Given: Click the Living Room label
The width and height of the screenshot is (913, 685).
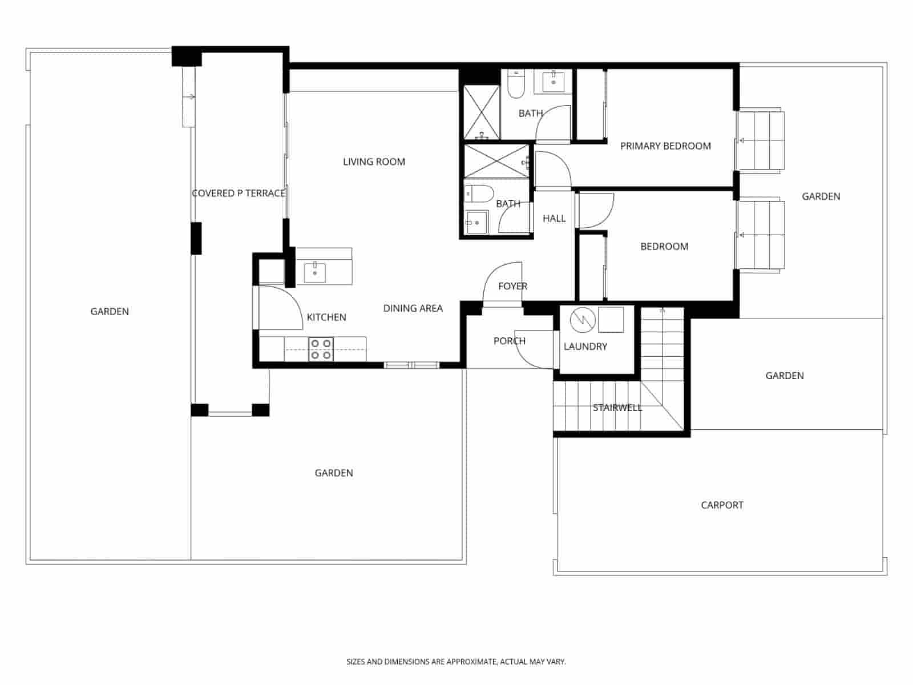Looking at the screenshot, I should [x=374, y=162].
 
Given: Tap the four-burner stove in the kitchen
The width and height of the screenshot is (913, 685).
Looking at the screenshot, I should [x=321, y=349].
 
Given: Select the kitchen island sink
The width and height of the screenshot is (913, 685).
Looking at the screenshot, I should [x=315, y=272].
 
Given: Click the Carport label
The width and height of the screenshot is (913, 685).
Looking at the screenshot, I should [x=722, y=505].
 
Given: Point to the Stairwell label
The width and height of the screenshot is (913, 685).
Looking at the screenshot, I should [x=617, y=408].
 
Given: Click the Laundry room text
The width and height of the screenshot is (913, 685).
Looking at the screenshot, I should [x=585, y=346].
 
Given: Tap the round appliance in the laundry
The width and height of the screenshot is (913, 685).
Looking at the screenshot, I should [x=582, y=320].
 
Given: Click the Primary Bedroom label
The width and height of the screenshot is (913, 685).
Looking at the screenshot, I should [x=665, y=146].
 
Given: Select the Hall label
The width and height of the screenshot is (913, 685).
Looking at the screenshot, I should [x=554, y=219].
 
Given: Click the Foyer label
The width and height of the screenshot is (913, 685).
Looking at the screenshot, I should [x=512, y=287].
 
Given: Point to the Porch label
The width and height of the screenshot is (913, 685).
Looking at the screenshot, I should [x=509, y=341].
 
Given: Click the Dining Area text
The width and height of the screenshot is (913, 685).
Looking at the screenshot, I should [x=413, y=308].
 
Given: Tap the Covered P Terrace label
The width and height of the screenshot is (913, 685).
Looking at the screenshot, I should [x=238, y=194].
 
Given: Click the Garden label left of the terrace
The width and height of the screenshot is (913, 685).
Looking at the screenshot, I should [x=110, y=312].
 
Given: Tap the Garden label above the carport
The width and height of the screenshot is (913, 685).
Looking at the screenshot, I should [x=784, y=376].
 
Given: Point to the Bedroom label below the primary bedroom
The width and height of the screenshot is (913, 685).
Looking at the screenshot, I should [x=664, y=247].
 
